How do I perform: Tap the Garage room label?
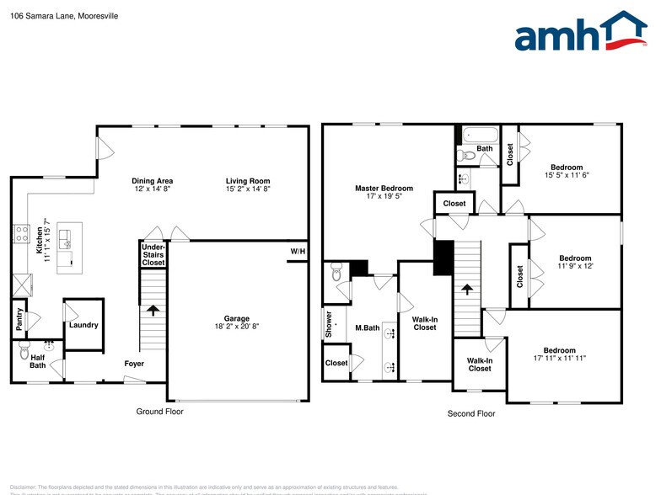[237, 318]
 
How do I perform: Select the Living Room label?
[248, 181]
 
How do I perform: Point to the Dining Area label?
[153, 181]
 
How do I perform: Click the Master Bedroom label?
[384, 189]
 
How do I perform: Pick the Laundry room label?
[83, 325]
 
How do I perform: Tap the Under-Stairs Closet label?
[153, 254]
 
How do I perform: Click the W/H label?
[298, 251]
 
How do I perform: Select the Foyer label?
[133, 364]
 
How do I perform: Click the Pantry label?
[19, 320]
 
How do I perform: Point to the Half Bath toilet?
[23, 347]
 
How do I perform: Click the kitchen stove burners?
[21, 232]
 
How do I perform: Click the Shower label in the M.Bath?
[329, 325]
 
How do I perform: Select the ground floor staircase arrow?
[153, 310]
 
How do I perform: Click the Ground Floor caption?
[159, 412]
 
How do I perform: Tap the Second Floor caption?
[470, 413]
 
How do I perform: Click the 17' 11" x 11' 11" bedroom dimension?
[559, 358]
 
